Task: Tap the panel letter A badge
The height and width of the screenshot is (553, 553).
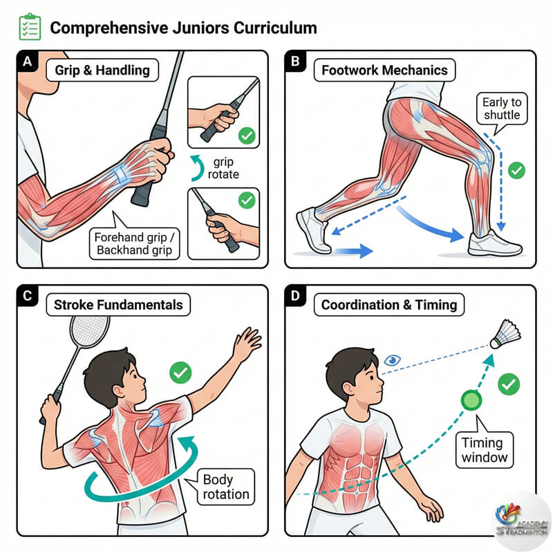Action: coord(28,62)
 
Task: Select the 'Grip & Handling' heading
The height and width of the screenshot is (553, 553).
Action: coord(102,70)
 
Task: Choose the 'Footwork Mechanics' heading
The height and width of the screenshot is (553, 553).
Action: coord(384,70)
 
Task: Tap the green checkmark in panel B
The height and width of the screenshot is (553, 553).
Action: coord(516,169)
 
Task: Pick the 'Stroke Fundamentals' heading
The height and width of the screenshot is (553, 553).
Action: coord(120,304)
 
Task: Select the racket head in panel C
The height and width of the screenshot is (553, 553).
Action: coord(90,331)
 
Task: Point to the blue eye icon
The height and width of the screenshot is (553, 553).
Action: coord(393,359)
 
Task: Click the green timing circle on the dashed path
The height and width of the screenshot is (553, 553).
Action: coord(471,400)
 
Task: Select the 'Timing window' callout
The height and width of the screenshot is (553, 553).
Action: coord(485,449)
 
